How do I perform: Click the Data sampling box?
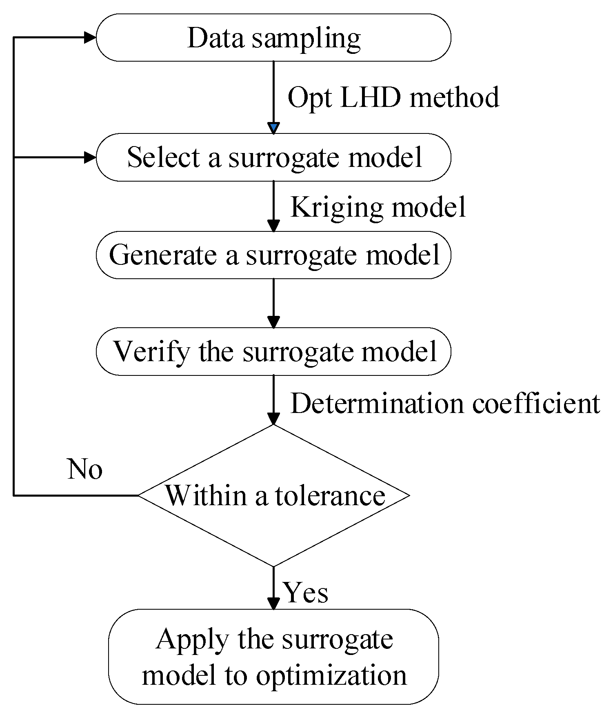coord(273,38)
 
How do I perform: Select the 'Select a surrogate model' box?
coord(273,157)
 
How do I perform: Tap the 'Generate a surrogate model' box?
coord(273,255)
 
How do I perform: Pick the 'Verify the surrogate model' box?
coord(273,351)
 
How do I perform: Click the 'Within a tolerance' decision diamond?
coord(273,495)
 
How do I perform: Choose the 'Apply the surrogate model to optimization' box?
coord(273,657)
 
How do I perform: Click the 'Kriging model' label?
coord(378,207)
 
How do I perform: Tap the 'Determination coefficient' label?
coord(445,404)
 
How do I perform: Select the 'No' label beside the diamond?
coord(84,469)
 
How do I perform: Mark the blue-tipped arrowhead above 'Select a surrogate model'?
coord(273,128)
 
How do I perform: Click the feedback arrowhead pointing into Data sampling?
coord(90,38)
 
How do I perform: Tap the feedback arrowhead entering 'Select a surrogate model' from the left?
coord(90,157)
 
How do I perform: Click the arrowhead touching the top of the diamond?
coord(273,419)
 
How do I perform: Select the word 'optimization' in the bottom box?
coord(331,675)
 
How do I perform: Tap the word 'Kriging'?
coord(336,207)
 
